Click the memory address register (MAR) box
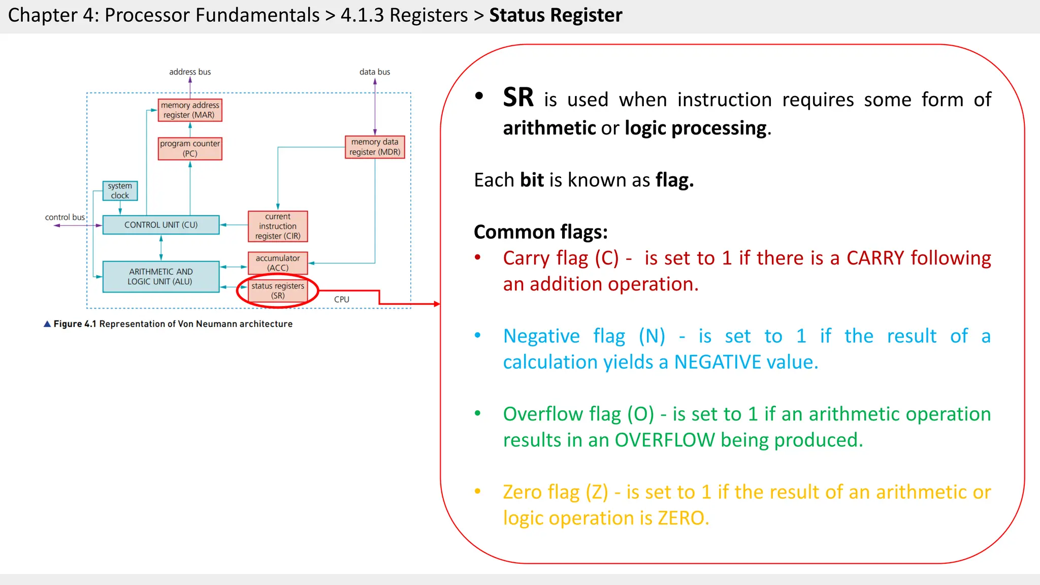(x=190, y=110)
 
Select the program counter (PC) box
(x=190, y=149)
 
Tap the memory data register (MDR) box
(x=375, y=147)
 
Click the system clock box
(x=120, y=191)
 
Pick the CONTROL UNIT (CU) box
(x=161, y=225)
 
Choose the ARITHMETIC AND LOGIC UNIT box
(x=160, y=277)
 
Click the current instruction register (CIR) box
(x=278, y=226)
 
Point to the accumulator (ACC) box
(x=278, y=263)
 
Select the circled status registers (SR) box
(x=278, y=291)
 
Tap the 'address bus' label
(x=190, y=72)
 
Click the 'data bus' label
(x=375, y=72)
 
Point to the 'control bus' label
(x=65, y=217)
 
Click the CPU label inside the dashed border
(x=342, y=300)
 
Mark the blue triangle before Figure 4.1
(x=47, y=324)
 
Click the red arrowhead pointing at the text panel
(x=436, y=304)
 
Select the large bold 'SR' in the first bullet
(x=518, y=97)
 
